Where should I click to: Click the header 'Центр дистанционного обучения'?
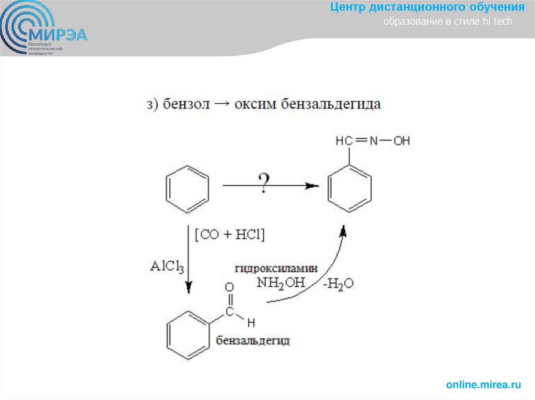point(427,7)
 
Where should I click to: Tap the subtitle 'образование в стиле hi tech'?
point(448,22)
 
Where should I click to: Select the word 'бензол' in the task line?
point(186,104)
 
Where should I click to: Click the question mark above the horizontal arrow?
point(264,183)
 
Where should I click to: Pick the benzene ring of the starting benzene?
point(187,189)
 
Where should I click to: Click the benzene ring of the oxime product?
point(350,189)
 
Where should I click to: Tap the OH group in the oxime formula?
point(401,141)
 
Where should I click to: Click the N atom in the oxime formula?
point(373,141)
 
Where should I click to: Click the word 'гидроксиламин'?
point(276,269)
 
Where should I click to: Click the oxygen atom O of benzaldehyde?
point(228,287)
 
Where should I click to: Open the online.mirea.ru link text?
point(483,385)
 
